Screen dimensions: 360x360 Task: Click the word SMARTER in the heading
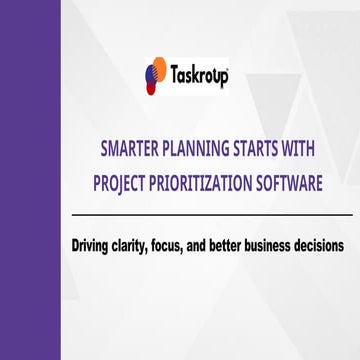point(131,152)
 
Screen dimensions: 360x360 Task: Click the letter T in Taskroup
point(172,76)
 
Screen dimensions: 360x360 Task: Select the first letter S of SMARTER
point(106,152)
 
